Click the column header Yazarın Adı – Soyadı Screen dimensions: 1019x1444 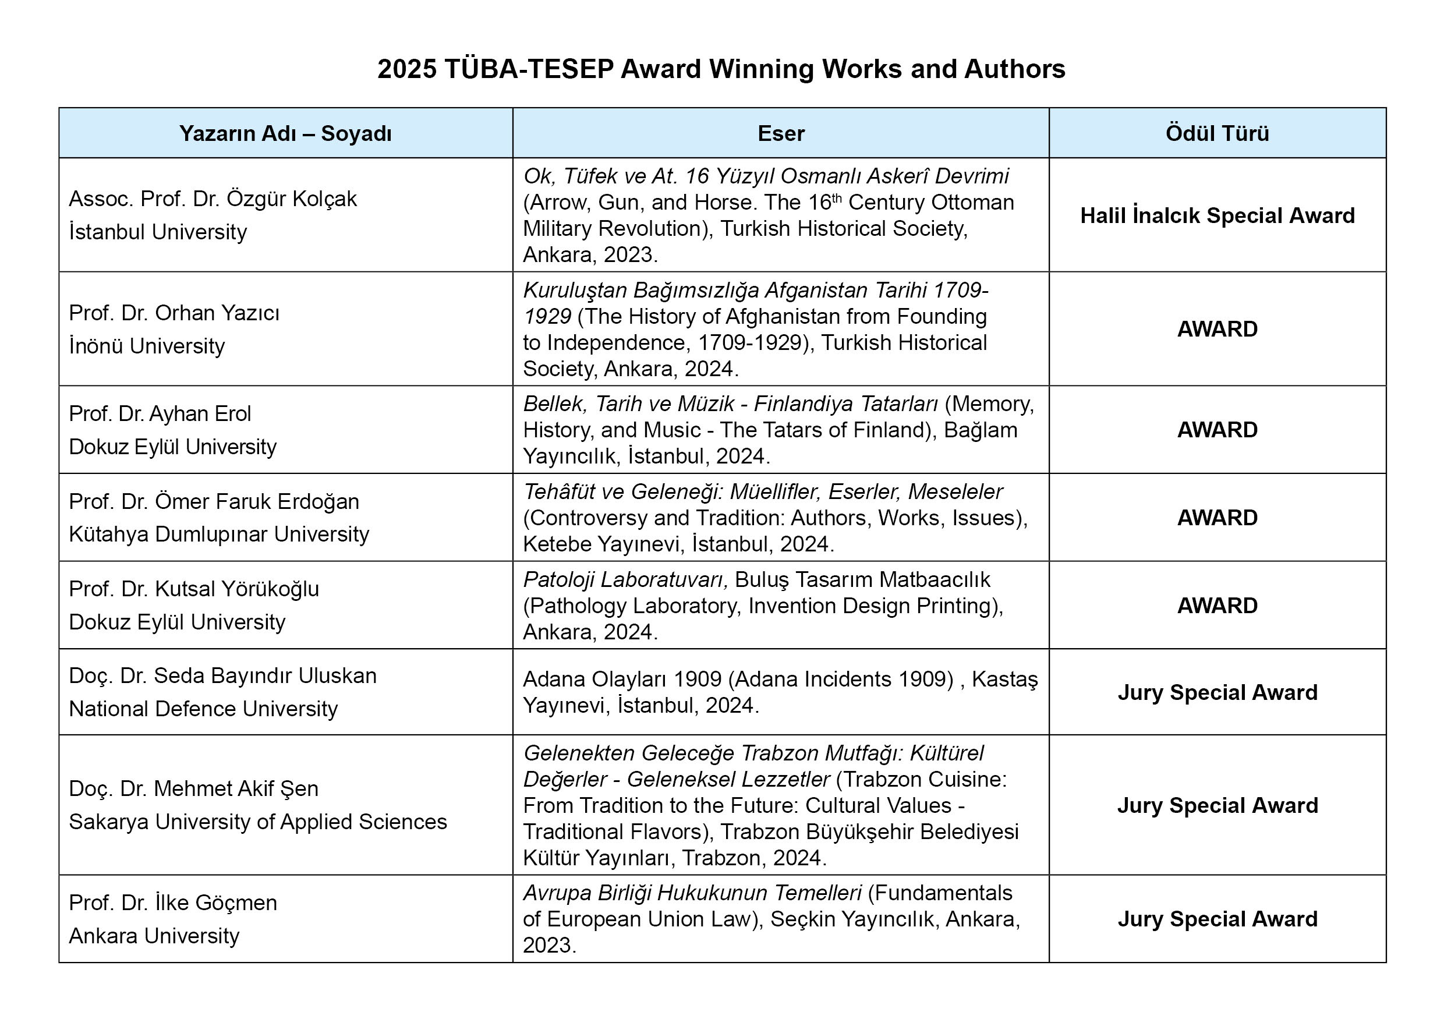[285, 133]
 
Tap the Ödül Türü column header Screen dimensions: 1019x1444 [1217, 133]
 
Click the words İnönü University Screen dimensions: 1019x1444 [147, 346]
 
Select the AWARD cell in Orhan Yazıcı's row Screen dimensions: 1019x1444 [1217, 329]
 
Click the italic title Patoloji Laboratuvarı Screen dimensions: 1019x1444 [625, 579]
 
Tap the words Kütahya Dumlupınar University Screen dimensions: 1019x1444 [219, 534]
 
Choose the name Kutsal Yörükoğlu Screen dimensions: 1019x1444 [237, 589]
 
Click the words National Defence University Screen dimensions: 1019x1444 [203, 709]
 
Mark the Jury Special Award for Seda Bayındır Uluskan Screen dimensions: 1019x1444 [1217, 692]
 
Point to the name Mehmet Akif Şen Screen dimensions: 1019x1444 [236, 789]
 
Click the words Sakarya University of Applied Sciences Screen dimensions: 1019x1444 [258, 822]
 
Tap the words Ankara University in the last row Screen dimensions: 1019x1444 [154, 936]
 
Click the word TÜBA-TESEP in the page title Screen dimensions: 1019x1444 [528, 69]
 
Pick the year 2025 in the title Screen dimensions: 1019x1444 [407, 69]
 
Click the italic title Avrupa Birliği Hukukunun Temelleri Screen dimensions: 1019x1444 [692, 893]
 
